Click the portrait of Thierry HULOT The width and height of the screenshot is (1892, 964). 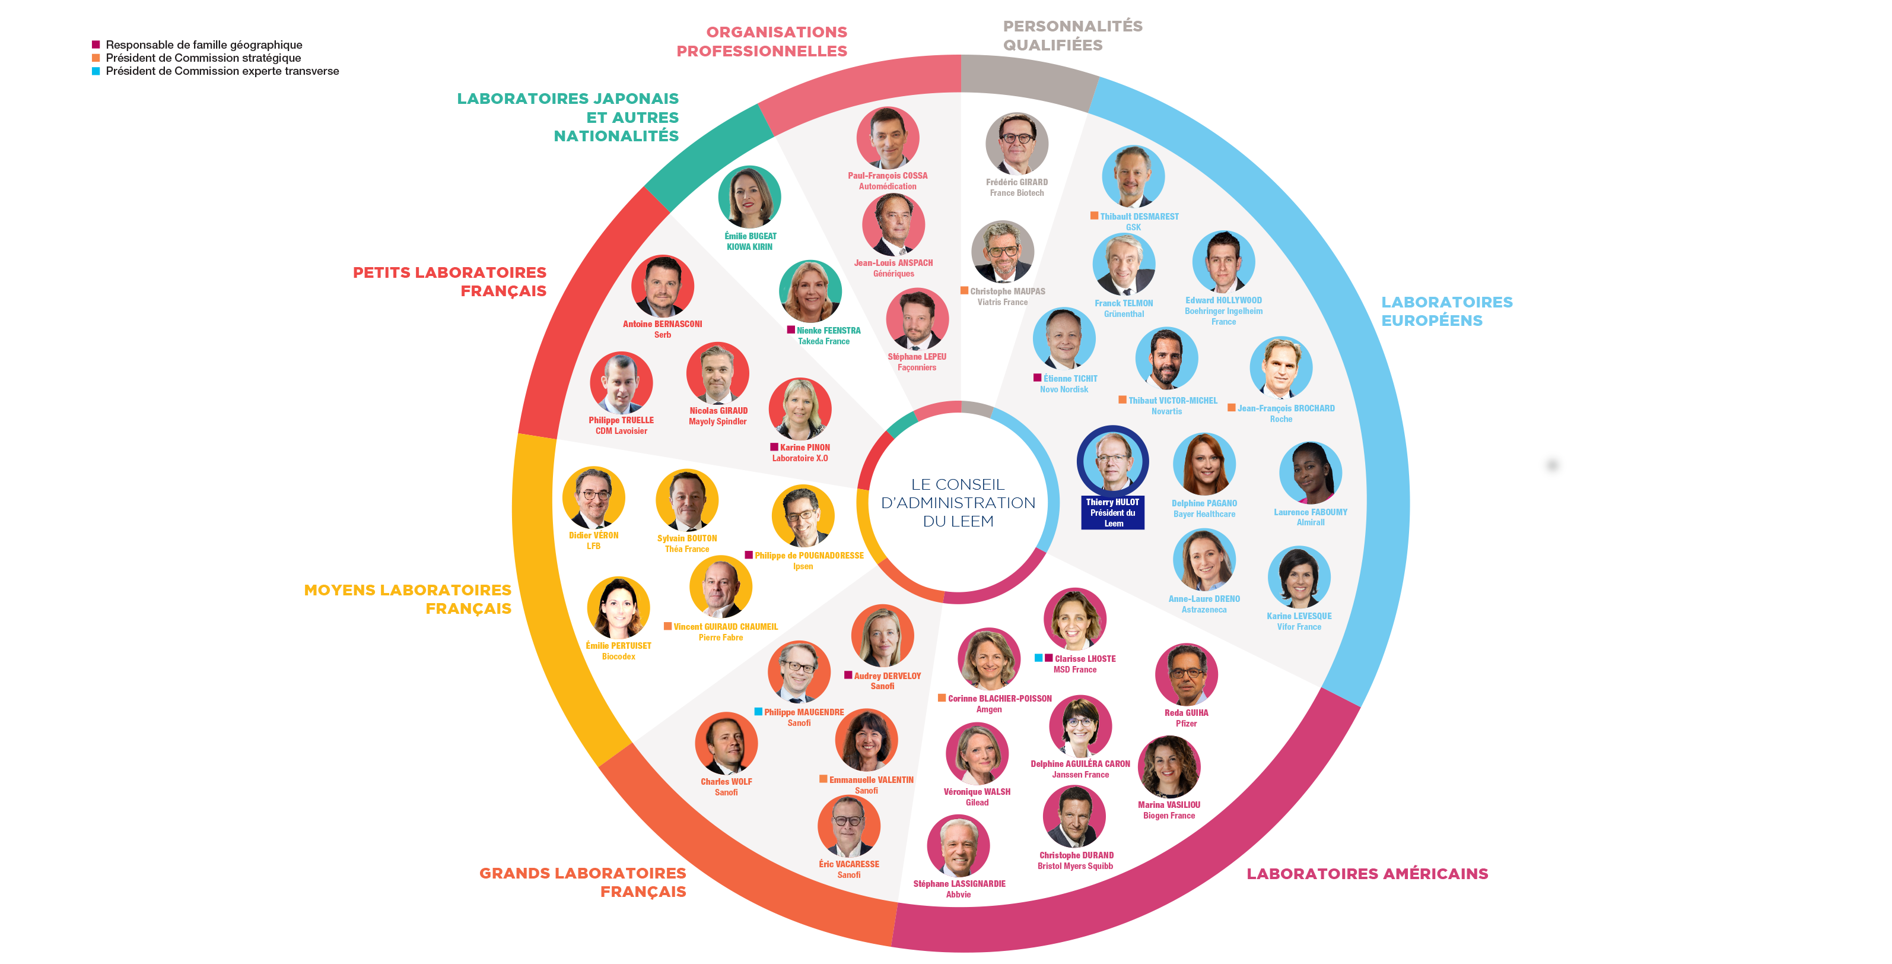click(1113, 461)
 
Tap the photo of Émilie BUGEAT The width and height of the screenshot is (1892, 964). click(749, 197)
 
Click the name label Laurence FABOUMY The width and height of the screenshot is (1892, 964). click(1311, 512)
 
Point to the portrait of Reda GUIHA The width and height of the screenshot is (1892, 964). click(1186, 674)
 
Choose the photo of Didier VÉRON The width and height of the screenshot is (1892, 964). click(593, 497)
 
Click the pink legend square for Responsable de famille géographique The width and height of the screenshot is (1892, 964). click(96, 45)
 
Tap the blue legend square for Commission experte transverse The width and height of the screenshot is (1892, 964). click(96, 71)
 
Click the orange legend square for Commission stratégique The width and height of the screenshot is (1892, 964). click(96, 58)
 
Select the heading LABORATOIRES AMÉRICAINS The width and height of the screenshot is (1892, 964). click(1367, 874)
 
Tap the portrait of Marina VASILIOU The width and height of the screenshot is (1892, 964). click(1169, 767)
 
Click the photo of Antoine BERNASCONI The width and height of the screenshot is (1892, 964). click(663, 286)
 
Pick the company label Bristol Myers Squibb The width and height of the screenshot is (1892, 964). click(1075, 866)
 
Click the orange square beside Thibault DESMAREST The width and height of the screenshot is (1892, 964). click(1095, 216)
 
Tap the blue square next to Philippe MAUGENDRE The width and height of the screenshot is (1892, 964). click(758, 711)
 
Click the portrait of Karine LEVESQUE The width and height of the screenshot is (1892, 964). click(1299, 578)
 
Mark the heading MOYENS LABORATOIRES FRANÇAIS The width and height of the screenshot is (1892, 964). click(408, 599)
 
